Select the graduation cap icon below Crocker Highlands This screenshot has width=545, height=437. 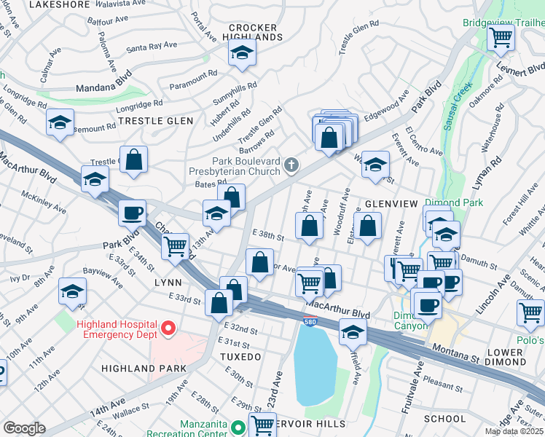pyautogui.click(x=242, y=53)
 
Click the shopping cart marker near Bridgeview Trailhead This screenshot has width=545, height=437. pyautogui.click(x=501, y=37)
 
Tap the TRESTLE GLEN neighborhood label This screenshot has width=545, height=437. pyautogui.click(x=155, y=121)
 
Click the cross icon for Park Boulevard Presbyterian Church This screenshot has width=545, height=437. pyautogui.click(x=291, y=166)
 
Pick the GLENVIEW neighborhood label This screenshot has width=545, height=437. pyautogui.click(x=391, y=205)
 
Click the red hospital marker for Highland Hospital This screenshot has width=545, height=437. pyautogui.click(x=169, y=329)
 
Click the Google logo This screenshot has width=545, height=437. pyautogui.click(x=24, y=428)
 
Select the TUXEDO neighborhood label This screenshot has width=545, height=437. pyautogui.click(x=240, y=357)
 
